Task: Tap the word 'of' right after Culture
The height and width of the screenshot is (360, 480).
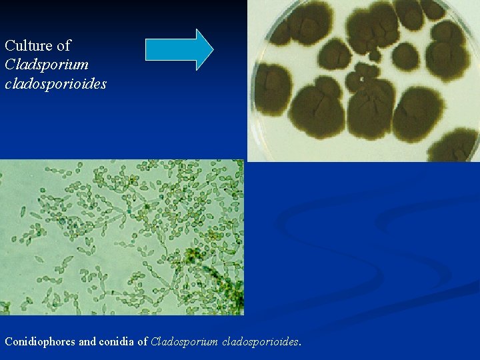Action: tap(64, 46)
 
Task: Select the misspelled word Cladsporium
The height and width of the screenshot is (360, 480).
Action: tap(46, 65)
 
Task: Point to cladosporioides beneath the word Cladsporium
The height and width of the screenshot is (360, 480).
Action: tap(55, 85)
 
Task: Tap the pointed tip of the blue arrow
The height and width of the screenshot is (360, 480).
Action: tap(211, 49)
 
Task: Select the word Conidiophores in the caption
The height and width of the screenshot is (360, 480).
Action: tap(40, 341)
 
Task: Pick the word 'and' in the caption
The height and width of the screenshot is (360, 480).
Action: tap(87, 341)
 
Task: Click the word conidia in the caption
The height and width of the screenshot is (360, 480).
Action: tap(116, 341)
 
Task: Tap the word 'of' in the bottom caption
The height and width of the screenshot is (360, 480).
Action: tap(142, 341)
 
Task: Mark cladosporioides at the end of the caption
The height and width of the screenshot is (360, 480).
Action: tap(257, 341)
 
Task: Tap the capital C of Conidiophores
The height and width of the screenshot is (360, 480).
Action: tap(9, 341)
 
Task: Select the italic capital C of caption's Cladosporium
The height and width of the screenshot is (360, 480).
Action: tap(155, 341)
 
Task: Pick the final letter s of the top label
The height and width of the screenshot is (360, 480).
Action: tap(103, 85)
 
